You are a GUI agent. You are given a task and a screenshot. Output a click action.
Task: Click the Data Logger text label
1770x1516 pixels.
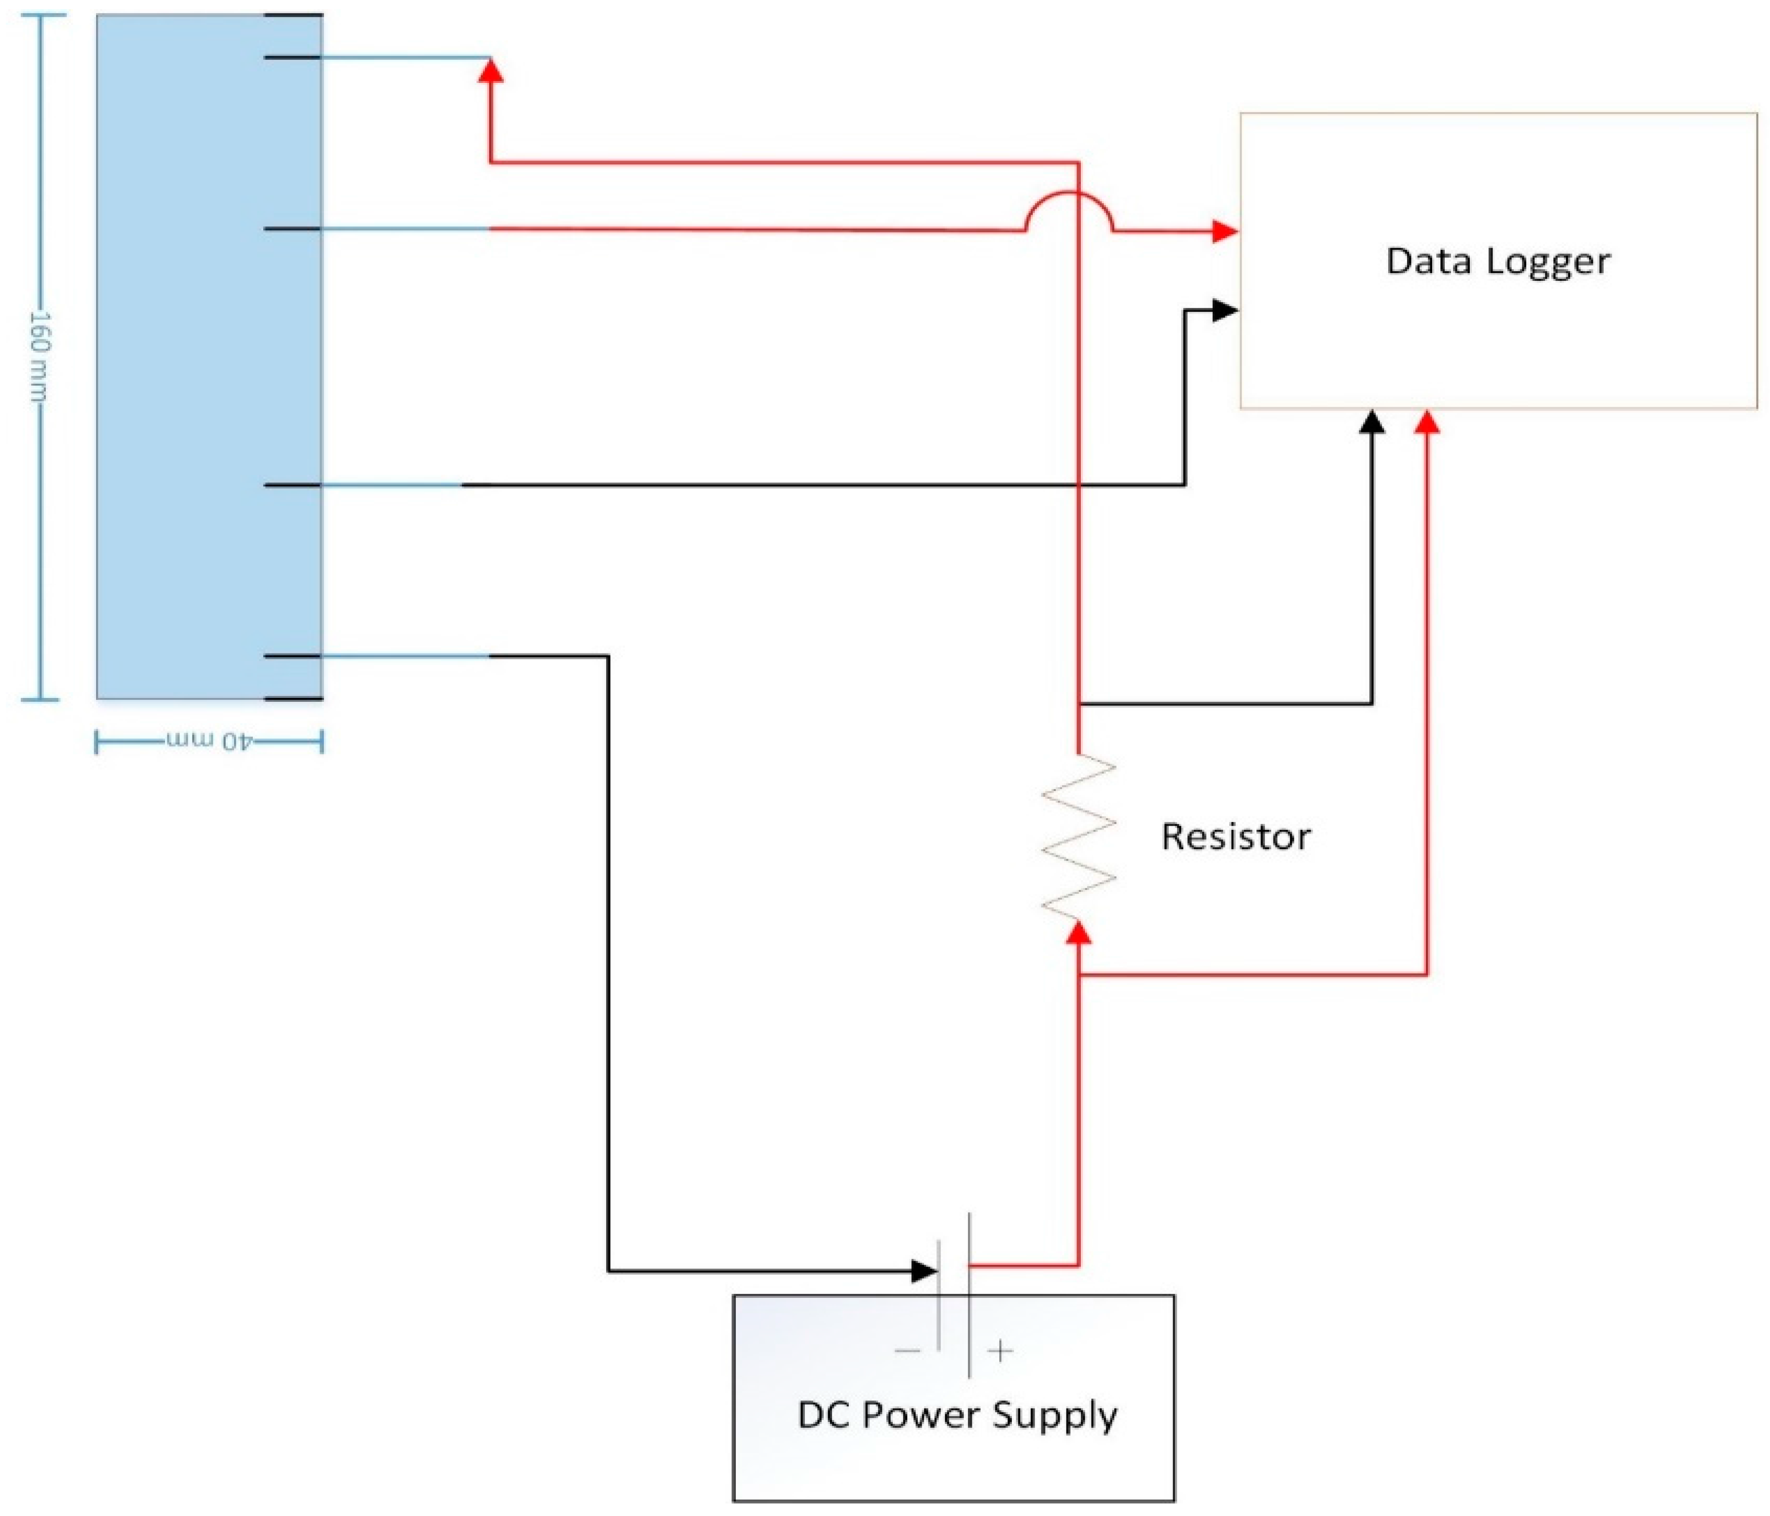pos(1497,261)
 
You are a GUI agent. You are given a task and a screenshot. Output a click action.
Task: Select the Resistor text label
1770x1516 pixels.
pos(1235,836)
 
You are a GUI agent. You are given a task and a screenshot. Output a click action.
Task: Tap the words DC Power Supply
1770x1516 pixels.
pos(957,1415)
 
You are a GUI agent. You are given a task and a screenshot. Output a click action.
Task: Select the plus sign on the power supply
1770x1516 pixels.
pos(1000,1351)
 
